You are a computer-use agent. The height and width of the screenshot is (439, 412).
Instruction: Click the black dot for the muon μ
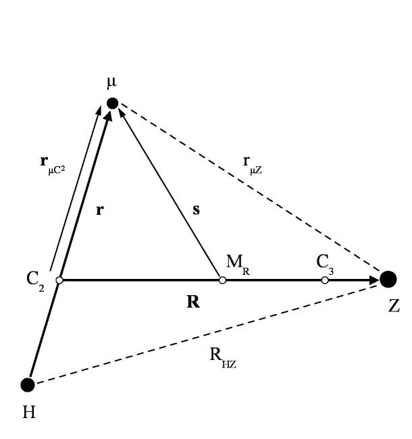tap(113, 103)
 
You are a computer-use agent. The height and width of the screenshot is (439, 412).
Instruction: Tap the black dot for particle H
tap(28, 385)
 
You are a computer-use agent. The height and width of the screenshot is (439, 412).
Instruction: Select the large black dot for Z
tap(388, 278)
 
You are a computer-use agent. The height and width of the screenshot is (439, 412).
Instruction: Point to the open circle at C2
tap(59, 280)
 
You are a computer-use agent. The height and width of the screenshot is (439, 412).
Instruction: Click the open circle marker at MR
tap(222, 280)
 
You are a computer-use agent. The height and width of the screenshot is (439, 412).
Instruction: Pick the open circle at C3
tap(325, 280)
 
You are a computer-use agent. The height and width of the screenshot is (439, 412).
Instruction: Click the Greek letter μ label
tap(111, 83)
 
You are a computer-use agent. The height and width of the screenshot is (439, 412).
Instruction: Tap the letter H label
tap(29, 411)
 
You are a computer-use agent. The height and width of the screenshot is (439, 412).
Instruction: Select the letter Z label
tap(394, 306)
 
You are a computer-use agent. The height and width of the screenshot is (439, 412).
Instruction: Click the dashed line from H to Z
tap(203, 333)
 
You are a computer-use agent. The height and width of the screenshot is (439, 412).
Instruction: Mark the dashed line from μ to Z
tap(250, 190)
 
